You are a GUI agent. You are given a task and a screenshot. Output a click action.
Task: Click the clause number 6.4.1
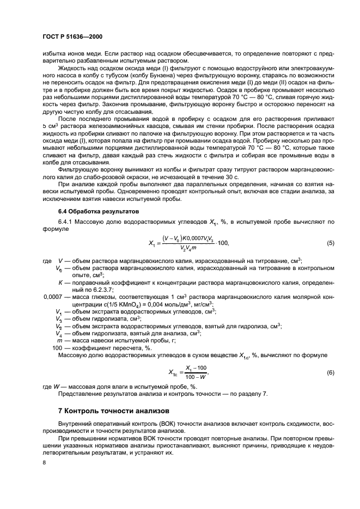click(66, 223)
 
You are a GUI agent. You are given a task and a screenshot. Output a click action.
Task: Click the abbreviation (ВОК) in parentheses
click(145, 423)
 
